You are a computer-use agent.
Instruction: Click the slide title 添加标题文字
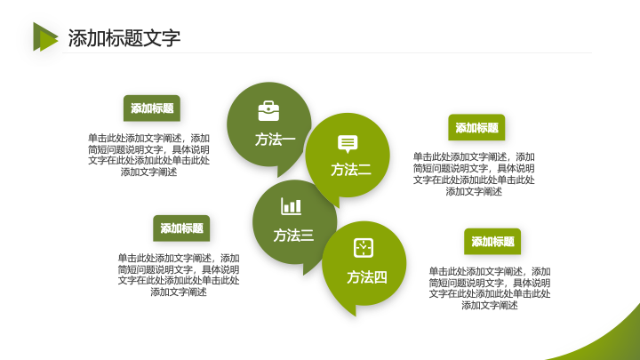pyautogui.click(x=124, y=38)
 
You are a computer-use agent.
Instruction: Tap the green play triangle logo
pyautogui.click(x=45, y=36)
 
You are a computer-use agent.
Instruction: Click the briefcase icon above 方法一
pyautogui.click(x=268, y=111)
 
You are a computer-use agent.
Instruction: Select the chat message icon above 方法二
pyautogui.click(x=348, y=144)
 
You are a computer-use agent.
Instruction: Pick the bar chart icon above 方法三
pyautogui.click(x=291, y=206)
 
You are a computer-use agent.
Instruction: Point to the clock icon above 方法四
pyautogui.click(x=364, y=248)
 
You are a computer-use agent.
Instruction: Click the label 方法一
pyautogui.click(x=275, y=140)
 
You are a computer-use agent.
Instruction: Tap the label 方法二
pyautogui.click(x=351, y=170)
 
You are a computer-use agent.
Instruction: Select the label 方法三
pyautogui.click(x=293, y=235)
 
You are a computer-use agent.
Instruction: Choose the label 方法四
pyautogui.click(x=366, y=277)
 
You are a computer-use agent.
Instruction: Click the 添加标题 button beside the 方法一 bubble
pyautogui.click(x=152, y=108)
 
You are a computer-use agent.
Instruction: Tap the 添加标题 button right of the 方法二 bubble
pyautogui.click(x=476, y=127)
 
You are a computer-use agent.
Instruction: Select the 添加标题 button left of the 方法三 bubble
pyautogui.click(x=181, y=228)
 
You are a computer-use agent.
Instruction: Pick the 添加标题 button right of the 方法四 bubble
pyautogui.click(x=492, y=242)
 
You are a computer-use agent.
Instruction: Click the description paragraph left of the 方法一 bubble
pyautogui.click(x=148, y=155)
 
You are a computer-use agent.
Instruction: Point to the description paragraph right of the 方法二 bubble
pyautogui.click(x=474, y=174)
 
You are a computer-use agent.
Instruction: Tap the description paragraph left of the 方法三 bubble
pyautogui.click(x=179, y=275)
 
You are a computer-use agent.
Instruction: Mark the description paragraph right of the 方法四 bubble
pyautogui.click(x=490, y=288)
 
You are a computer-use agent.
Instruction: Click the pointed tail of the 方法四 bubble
pyautogui.click(x=355, y=315)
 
